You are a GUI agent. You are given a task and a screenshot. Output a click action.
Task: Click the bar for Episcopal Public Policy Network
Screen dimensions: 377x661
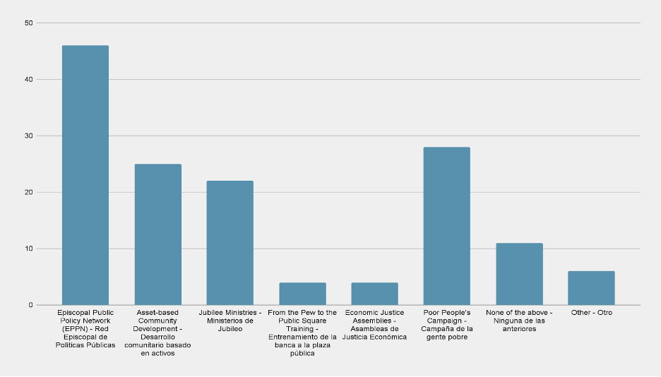click(85, 175)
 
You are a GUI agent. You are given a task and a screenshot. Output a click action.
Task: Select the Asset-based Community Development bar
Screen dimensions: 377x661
click(157, 234)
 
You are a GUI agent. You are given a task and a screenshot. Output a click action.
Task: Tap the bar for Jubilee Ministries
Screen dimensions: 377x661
click(230, 243)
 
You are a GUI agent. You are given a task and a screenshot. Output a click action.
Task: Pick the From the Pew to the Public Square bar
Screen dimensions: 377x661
click(302, 294)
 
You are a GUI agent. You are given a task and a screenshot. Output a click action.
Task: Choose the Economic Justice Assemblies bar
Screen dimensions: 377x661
click(374, 294)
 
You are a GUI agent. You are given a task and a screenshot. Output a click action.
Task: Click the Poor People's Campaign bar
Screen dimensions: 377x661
click(446, 226)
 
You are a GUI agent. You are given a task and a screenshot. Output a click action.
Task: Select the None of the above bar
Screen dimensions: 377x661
click(519, 274)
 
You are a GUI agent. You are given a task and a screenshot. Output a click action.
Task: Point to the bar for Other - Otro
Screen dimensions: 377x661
click(591, 288)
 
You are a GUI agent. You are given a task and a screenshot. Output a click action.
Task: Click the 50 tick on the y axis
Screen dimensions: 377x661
click(28, 23)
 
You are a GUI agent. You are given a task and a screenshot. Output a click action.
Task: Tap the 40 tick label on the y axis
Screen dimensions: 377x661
click(28, 79)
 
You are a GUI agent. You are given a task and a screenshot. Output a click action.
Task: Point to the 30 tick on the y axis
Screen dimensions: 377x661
click(28, 136)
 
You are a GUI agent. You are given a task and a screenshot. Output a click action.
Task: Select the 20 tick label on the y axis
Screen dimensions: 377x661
click(28, 192)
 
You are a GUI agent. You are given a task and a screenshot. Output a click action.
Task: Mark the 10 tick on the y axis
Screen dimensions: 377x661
click(28, 249)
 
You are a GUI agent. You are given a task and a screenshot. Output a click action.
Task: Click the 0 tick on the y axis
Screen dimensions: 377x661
click(30, 305)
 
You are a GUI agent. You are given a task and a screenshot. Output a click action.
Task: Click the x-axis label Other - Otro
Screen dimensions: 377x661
click(591, 312)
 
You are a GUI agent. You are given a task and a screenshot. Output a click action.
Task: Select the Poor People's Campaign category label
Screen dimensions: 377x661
click(446, 324)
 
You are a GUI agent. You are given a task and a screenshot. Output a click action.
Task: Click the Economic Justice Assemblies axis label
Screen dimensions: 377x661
click(374, 324)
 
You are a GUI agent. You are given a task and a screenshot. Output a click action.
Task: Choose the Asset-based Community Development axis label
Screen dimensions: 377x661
click(157, 333)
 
